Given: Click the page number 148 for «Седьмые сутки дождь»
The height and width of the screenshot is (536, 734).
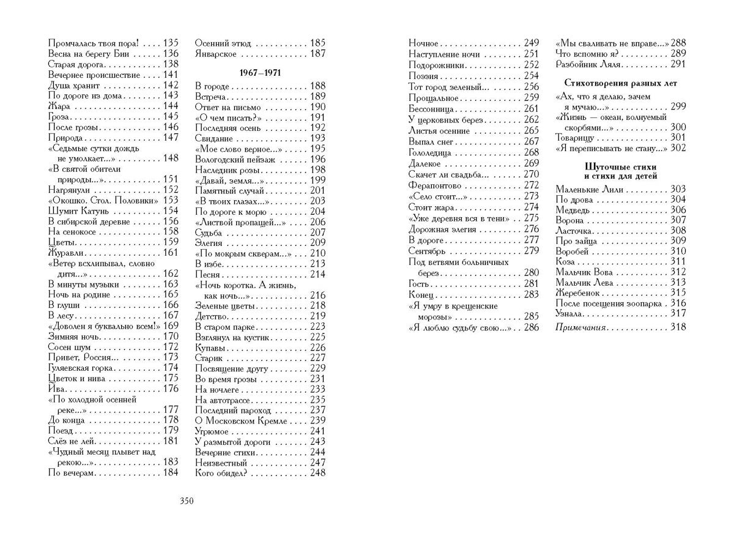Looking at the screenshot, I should (171, 158).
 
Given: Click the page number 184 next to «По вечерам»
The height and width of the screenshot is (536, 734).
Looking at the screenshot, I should (171, 472).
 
